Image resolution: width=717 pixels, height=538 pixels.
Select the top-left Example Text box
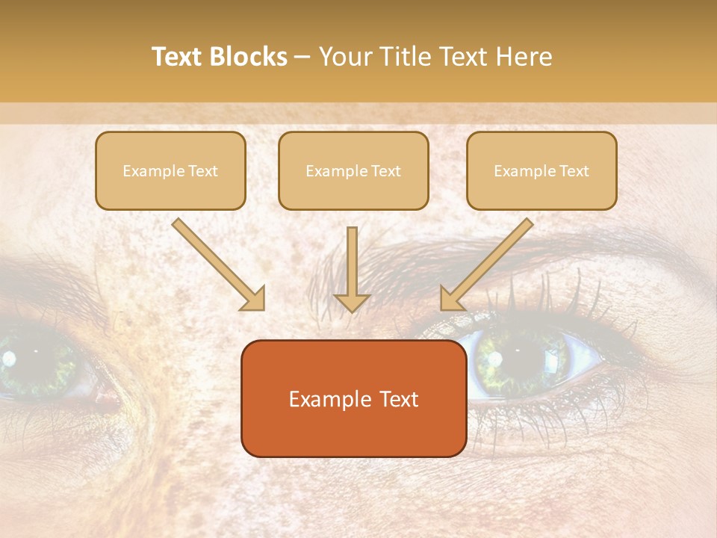click(x=170, y=170)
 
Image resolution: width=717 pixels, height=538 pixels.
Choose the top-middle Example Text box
click(x=353, y=170)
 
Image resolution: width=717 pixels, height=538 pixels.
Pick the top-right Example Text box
click(x=541, y=170)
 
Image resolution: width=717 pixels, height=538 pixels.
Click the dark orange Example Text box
click(x=353, y=398)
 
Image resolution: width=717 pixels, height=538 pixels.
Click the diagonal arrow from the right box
click(x=486, y=264)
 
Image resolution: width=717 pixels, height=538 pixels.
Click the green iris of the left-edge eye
click(x=34, y=360)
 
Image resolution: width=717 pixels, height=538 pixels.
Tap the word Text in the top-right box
click(x=574, y=171)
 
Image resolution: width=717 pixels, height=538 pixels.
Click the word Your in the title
click(x=344, y=57)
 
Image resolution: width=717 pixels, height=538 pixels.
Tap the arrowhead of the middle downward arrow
click(x=352, y=303)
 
